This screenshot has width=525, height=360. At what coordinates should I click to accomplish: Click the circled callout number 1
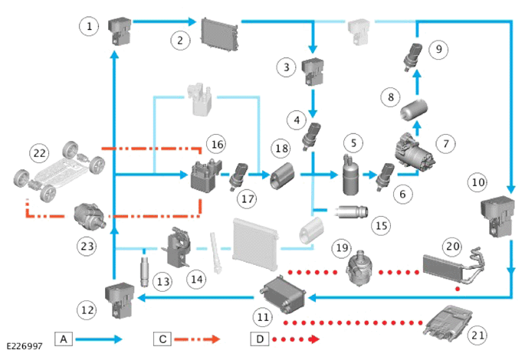(89, 26)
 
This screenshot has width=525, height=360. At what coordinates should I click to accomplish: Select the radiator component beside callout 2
(220, 34)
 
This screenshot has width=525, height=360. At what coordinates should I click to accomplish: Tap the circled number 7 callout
(445, 144)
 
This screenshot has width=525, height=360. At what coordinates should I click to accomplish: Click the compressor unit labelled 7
(414, 151)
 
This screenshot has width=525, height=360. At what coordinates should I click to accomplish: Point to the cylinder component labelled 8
(415, 110)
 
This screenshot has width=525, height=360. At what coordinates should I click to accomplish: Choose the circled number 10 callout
(477, 182)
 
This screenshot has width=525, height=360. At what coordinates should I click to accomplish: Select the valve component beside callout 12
(120, 299)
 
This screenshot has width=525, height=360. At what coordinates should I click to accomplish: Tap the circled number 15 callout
(382, 225)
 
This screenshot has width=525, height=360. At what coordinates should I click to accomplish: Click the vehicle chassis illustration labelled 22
(59, 171)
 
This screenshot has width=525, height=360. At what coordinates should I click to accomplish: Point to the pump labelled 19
(360, 267)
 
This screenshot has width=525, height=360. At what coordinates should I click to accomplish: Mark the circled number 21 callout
(477, 335)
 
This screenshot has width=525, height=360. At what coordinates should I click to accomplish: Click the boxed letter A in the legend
(64, 339)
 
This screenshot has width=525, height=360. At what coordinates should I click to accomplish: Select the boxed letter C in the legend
(162, 339)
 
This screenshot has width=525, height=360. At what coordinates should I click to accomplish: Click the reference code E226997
(25, 346)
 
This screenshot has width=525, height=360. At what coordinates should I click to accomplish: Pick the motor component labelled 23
(90, 218)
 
